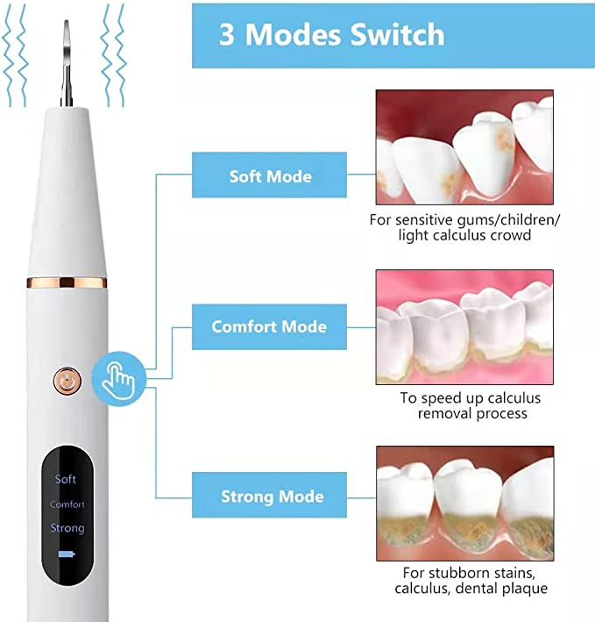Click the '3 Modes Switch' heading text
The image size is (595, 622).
pos(331,34)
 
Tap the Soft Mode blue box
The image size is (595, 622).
pos(269,175)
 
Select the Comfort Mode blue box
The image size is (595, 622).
pos(269,327)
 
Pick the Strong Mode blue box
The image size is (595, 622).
pos(269,495)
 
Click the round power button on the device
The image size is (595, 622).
pos(67,382)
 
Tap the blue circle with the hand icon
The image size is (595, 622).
pos(119,379)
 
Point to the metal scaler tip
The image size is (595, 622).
pos(67,63)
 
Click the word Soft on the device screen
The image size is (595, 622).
pos(66,479)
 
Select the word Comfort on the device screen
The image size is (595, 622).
pos(67,504)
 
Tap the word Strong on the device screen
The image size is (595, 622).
pos(67,528)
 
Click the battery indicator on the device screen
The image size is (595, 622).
pos(67,554)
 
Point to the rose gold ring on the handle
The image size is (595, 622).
pos(67,282)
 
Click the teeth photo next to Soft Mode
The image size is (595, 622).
pos(464,147)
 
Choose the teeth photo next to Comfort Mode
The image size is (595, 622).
pos(464,327)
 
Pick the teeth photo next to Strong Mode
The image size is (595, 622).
pos(464,504)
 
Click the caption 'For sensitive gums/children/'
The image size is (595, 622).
pos(464,220)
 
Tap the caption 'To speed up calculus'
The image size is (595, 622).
pos(471,398)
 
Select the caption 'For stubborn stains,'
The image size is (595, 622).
pos(469,573)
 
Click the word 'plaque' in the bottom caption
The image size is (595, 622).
pos(525,589)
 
